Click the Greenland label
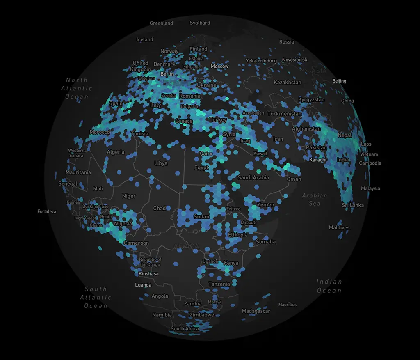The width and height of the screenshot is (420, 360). (161, 23)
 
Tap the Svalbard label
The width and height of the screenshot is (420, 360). (200, 23)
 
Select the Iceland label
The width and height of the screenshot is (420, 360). (145, 40)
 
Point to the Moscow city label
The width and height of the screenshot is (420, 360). (219, 66)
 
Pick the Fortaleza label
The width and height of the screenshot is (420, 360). (47, 212)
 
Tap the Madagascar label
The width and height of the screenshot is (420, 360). (256, 311)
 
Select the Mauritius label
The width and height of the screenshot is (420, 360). (287, 305)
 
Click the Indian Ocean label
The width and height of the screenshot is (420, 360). (329, 286)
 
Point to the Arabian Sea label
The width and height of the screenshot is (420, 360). (315, 199)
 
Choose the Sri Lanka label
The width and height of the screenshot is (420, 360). (352, 205)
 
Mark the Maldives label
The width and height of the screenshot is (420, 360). (339, 228)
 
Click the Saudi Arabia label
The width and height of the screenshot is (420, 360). (253, 178)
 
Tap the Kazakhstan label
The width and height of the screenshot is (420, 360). (287, 83)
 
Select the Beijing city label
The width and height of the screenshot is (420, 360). (339, 81)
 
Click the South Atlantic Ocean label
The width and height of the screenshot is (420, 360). (96, 297)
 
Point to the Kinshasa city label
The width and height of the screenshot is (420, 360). (148, 274)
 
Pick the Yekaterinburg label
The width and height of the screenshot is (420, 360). (261, 61)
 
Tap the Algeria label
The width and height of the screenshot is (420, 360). (115, 152)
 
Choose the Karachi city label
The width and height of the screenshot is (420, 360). (318, 159)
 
